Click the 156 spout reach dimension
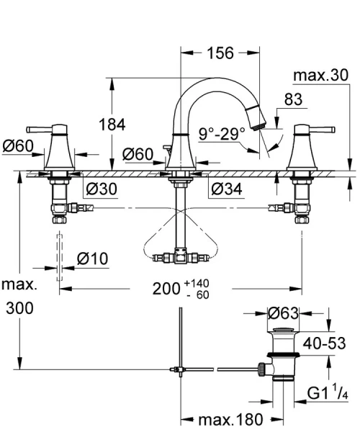click(x=220, y=53)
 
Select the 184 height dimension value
click(x=132, y=125)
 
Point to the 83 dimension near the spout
click(x=293, y=101)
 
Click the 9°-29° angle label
click(x=222, y=132)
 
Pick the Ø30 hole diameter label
click(x=101, y=189)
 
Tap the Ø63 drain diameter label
click(x=284, y=314)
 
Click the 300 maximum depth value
click(x=18, y=310)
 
